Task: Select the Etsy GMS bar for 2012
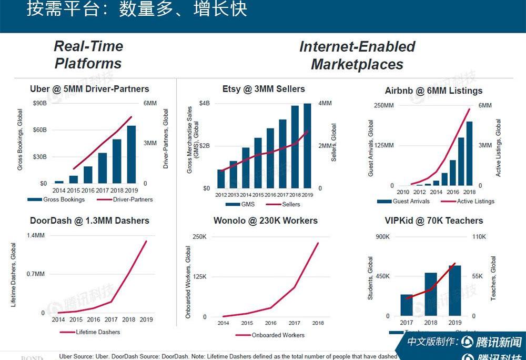click(221, 178)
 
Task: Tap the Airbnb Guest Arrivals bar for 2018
click(469, 153)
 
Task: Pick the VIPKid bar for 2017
click(407, 305)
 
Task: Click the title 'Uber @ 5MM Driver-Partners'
click(89, 89)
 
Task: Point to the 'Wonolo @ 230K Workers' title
click(265, 221)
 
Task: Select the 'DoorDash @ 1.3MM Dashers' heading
click(89, 221)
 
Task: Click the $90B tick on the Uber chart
click(40, 103)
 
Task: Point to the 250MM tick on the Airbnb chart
click(384, 105)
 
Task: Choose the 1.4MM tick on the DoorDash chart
click(36, 235)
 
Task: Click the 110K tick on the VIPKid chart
click(479, 237)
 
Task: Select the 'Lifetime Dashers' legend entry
click(97, 332)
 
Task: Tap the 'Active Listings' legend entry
click(475, 201)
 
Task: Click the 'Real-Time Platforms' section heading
click(88, 55)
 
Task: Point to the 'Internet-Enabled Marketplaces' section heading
click(357, 55)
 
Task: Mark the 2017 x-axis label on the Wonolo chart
click(294, 323)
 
